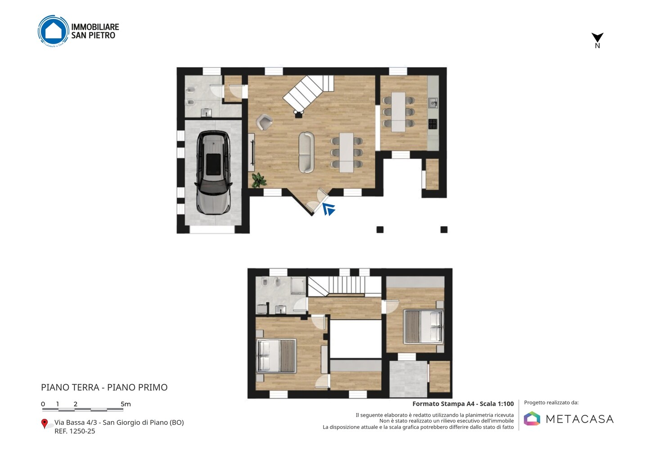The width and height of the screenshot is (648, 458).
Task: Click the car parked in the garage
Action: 213,173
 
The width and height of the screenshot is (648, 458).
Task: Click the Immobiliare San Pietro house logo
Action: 54,31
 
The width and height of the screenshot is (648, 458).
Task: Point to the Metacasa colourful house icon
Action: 532,418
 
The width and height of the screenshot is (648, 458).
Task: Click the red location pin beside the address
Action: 44,424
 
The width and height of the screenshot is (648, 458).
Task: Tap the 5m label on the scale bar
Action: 126,404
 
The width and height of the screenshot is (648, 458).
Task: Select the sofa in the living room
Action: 306,153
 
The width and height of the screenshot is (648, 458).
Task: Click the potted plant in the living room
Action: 259,180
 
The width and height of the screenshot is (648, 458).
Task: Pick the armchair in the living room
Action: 264,122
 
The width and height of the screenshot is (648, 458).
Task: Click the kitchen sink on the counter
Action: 433,103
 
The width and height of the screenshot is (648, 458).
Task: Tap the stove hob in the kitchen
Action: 433,124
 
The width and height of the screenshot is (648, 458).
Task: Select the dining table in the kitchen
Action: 398,112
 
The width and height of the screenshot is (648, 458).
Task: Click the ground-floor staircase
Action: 308,94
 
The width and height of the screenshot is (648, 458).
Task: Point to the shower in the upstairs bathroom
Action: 298,286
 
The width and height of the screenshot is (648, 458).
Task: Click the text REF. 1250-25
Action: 75,431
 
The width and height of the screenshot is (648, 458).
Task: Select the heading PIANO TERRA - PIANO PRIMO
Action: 104,387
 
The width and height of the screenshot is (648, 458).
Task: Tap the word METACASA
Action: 580,419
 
